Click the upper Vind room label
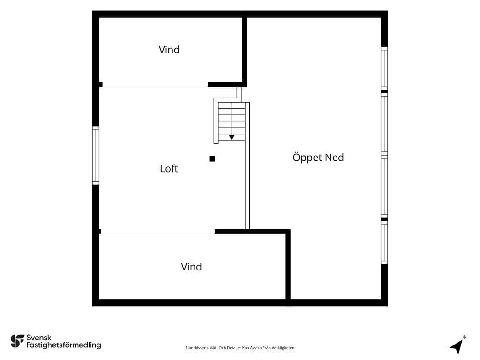coord(169,50)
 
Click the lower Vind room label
coord(191,267)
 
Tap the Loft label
coord(169,168)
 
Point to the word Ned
coord(335,157)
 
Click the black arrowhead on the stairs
coord(232,138)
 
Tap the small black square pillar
coord(212,158)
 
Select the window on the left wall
coord(96,156)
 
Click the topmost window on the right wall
coord(384,68)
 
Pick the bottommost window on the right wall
coord(384,242)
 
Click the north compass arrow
coord(457,346)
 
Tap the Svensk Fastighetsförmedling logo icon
coord(17,341)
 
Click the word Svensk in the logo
coord(39,337)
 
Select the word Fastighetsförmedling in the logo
coord(64,345)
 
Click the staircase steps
coord(232,121)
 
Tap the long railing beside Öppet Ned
coord(247,165)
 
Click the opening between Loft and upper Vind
coord(155,84)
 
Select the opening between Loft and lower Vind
coord(157,232)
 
